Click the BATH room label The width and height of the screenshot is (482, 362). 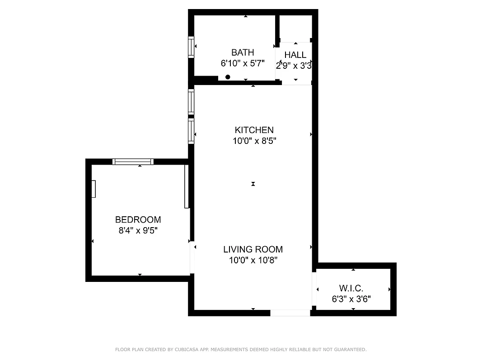pyautogui.click(x=243, y=52)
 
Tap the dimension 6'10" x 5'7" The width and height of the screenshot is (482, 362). pyautogui.click(x=243, y=64)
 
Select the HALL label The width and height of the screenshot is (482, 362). pyautogui.click(x=295, y=55)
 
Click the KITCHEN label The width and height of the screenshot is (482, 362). pyautogui.click(x=254, y=130)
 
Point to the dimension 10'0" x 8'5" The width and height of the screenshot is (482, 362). pyautogui.click(x=254, y=141)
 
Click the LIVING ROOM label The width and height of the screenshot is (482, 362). pyautogui.click(x=253, y=249)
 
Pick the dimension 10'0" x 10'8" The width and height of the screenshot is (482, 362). pyautogui.click(x=253, y=260)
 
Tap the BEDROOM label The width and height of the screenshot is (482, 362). pyautogui.click(x=138, y=220)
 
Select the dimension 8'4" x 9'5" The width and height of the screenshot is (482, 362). pyautogui.click(x=138, y=230)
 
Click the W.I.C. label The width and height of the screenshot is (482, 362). pyautogui.click(x=351, y=288)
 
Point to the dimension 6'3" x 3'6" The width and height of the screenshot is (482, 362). pyautogui.click(x=351, y=299)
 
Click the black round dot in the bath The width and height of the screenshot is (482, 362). pyautogui.click(x=228, y=77)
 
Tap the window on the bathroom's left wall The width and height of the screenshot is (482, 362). pyautogui.click(x=191, y=47)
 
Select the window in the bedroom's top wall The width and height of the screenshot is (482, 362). pyautogui.click(x=133, y=162)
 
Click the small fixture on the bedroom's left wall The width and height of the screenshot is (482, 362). pyautogui.click(x=94, y=189)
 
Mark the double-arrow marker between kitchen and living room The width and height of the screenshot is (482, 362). pyautogui.click(x=253, y=184)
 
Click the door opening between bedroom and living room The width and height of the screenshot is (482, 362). pyautogui.click(x=192, y=257)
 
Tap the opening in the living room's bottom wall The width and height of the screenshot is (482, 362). pyautogui.click(x=290, y=313)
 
